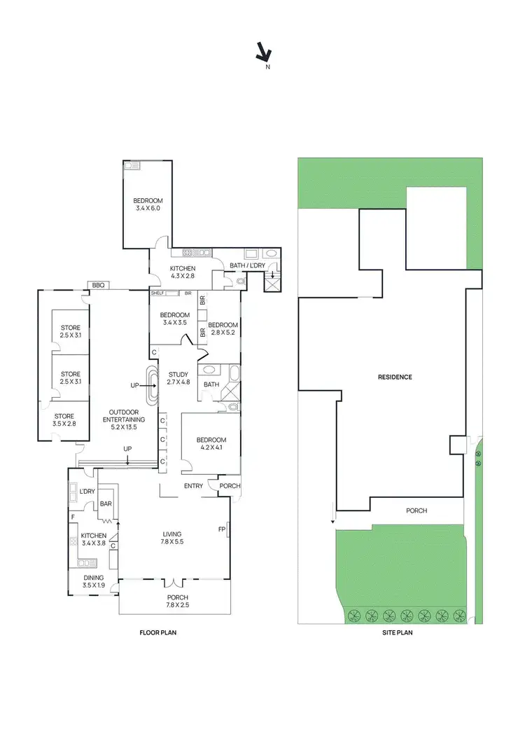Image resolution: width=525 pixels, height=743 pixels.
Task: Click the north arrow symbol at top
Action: [x=264, y=52]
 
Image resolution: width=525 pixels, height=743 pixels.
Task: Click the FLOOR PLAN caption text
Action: [x=157, y=632]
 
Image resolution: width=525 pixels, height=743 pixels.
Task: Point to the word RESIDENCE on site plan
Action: [x=395, y=377]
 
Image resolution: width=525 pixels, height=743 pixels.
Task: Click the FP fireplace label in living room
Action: [x=222, y=529]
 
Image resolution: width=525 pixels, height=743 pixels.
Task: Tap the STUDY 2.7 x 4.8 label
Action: [x=177, y=379]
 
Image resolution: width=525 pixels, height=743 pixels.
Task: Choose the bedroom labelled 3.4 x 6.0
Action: [x=148, y=204]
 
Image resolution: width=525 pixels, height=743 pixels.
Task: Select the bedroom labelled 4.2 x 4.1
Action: [x=211, y=444]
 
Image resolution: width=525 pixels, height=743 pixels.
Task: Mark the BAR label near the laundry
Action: [x=106, y=504]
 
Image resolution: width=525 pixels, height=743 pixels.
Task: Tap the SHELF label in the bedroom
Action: [x=156, y=293]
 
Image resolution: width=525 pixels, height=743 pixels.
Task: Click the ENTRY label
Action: [x=193, y=486]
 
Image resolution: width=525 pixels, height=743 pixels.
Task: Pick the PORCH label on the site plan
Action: [x=416, y=511]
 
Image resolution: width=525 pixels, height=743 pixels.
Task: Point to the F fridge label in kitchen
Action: [x=73, y=518]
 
